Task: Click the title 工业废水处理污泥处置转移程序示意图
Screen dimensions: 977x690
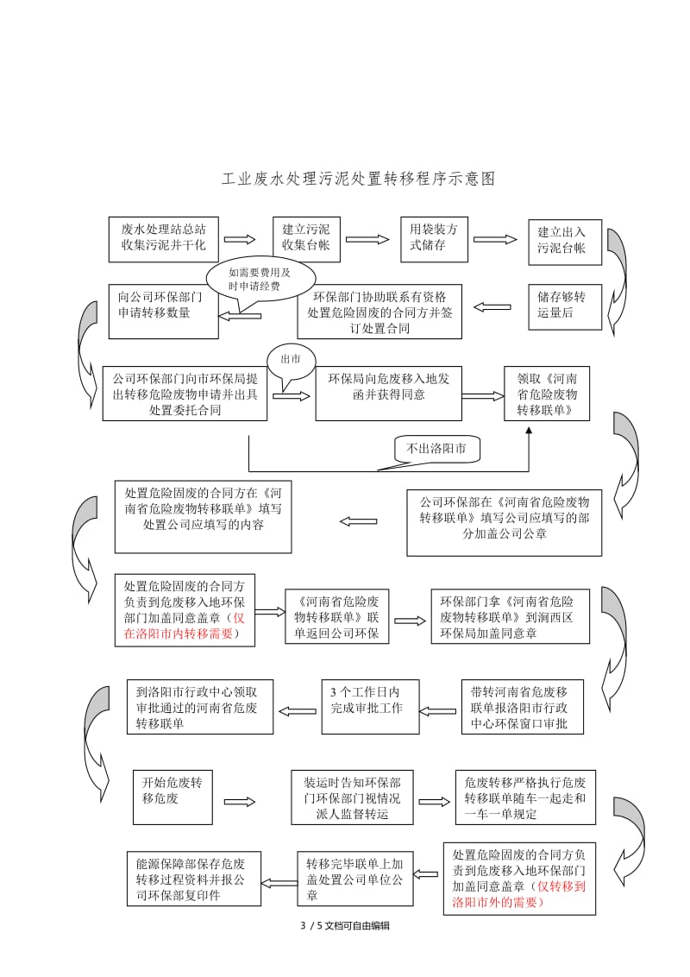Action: [x=358, y=180]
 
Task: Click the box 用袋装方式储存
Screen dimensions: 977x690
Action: [x=434, y=238]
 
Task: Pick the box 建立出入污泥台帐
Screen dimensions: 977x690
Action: [x=561, y=241]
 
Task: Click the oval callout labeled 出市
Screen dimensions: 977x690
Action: [x=292, y=360]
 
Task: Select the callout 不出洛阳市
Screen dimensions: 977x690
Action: [x=437, y=448]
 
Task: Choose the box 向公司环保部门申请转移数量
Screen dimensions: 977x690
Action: [x=161, y=311]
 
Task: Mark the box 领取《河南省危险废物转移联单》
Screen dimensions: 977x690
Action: [x=546, y=394]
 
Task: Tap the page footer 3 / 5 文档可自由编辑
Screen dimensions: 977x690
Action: [x=344, y=925]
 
